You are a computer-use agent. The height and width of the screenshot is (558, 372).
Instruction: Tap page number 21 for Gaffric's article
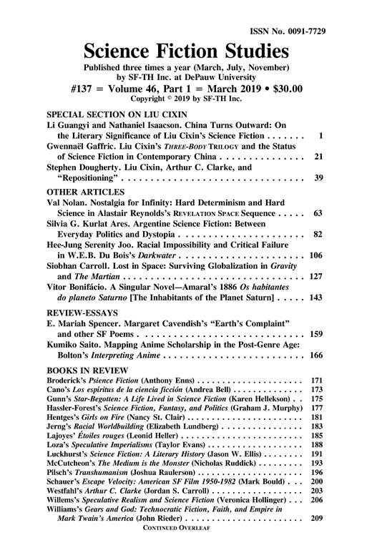click(320, 156)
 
